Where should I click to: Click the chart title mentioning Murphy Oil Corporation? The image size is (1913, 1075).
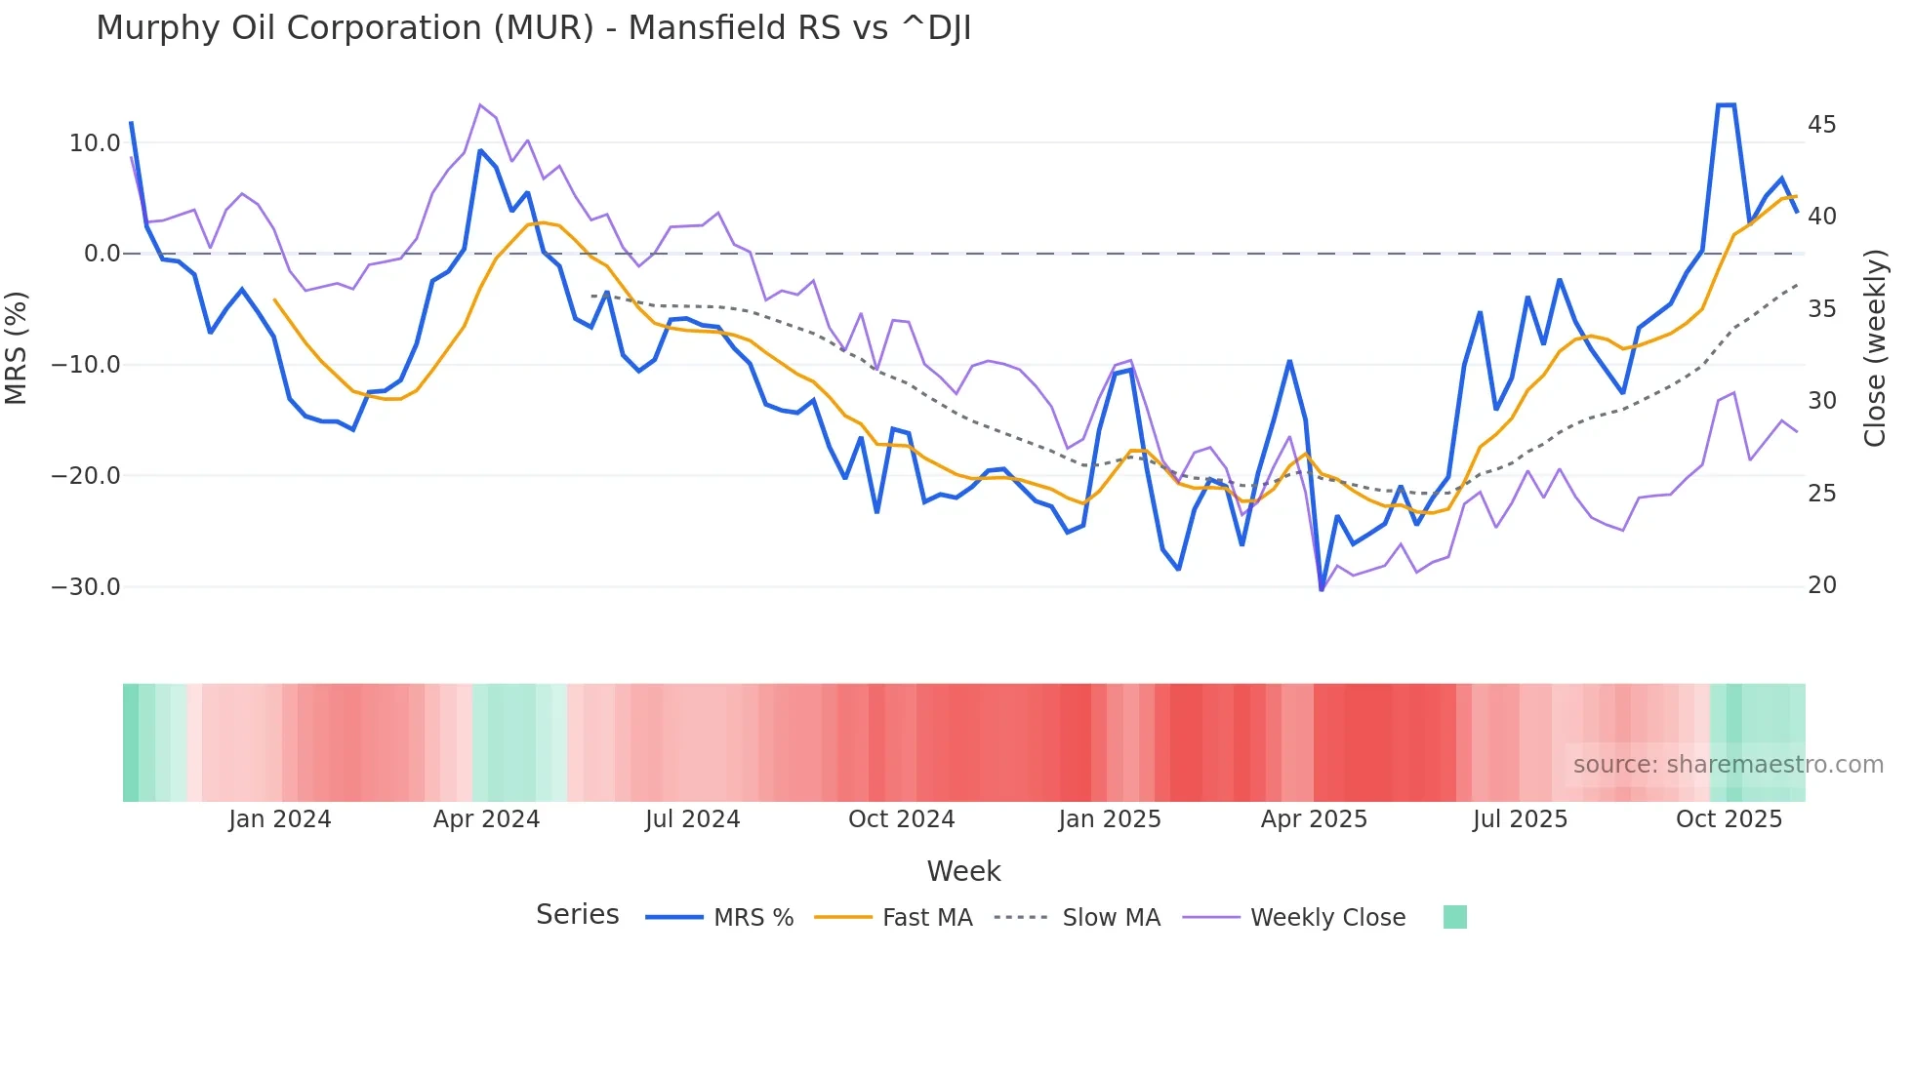(533, 28)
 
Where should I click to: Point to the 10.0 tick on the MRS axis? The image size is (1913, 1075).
(95, 143)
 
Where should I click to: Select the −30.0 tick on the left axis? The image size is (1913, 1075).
(86, 587)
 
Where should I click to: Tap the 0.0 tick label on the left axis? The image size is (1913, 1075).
(102, 254)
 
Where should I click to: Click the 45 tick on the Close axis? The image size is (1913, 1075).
(1821, 125)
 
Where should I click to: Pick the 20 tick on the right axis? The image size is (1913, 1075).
(1821, 585)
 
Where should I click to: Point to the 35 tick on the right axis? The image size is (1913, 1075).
(1821, 309)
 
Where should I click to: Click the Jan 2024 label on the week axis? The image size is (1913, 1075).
(280, 819)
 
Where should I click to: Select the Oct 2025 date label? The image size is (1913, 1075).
(1729, 819)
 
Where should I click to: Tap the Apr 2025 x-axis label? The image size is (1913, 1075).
(1314, 819)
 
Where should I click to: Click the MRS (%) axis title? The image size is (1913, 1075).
(17, 347)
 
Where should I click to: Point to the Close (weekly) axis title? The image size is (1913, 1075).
(1874, 347)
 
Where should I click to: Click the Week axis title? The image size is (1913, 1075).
(963, 871)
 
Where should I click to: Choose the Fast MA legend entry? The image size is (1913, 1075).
(926, 918)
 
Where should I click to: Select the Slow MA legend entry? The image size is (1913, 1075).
(1111, 918)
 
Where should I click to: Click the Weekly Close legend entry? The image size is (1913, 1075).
(1327, 918)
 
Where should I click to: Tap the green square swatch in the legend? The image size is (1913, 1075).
(1454, 917)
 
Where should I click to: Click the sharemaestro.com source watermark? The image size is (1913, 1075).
(1728, 765)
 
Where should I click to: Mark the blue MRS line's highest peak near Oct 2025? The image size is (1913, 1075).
(1726, 105)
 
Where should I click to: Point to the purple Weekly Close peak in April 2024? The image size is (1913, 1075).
(480, 104)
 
